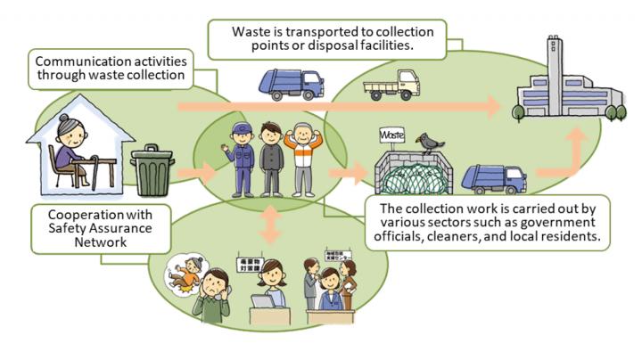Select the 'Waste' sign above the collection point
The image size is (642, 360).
tap(392, 135)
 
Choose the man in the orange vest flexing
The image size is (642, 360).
tap(303, 158)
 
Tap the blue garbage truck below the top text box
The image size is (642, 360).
tap(290, 83)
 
